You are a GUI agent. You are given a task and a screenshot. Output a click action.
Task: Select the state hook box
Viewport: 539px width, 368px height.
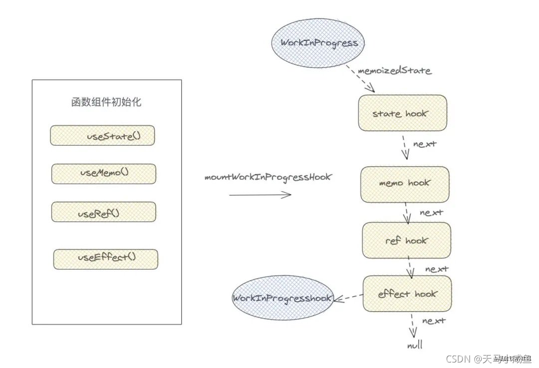click(402, 113)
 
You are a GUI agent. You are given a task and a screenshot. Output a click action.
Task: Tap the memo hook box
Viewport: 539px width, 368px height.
click(404, 183)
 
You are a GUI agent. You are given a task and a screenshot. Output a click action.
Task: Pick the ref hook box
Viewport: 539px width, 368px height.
click(406, 241)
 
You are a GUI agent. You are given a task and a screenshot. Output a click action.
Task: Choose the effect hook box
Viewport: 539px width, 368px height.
click(407, 294)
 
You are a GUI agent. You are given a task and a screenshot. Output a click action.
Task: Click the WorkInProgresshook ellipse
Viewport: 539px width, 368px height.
click(282, 298)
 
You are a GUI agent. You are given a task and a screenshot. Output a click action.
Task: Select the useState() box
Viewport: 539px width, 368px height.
click(102, 135)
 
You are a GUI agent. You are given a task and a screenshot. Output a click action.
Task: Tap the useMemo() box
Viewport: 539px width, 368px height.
click(104, 173)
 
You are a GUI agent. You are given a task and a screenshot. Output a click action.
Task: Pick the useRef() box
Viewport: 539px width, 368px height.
click(103, 212)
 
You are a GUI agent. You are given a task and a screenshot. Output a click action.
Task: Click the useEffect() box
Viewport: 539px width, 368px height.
click(106, 259)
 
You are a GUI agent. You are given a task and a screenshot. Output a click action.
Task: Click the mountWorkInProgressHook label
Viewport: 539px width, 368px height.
click(268, 177)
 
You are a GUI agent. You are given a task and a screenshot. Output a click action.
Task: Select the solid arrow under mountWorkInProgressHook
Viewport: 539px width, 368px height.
click(260, 195)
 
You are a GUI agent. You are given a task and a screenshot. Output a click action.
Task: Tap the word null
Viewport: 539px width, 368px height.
click(414, 345)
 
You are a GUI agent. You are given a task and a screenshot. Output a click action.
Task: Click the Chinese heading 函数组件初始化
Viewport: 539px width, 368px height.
click(106, 102)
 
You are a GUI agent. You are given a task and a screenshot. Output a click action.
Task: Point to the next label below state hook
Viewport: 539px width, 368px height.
click(425, 144)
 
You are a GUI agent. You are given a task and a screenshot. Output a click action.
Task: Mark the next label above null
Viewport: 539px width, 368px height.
click(434, 321)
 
